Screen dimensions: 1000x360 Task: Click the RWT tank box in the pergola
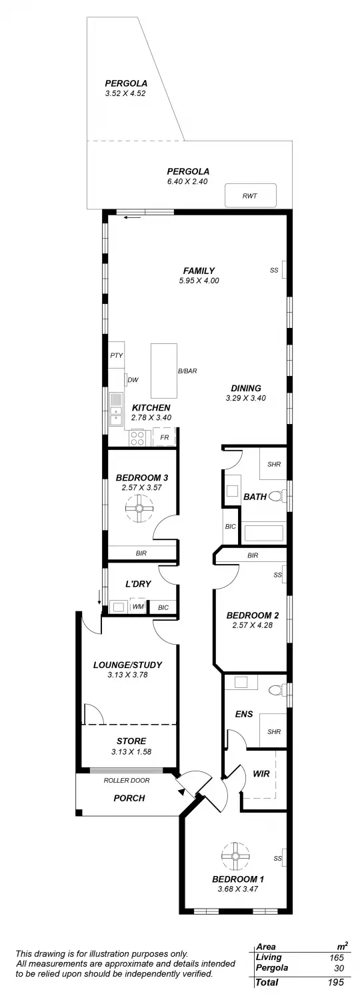250,196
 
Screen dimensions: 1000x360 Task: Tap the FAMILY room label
199,271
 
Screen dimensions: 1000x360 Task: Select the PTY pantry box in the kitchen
117,356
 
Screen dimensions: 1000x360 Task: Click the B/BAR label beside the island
187,371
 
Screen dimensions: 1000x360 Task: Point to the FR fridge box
164,438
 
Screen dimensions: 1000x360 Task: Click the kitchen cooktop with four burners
138,438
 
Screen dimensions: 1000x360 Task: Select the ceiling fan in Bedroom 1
235,855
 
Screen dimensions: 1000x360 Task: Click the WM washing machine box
138,607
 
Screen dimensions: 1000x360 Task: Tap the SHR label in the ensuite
274,731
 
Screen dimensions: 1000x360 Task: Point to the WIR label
261,775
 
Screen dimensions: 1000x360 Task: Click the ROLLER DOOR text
127,780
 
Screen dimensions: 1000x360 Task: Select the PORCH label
129,798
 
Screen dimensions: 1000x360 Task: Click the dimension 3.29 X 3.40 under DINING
245,398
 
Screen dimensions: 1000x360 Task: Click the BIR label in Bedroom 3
141,553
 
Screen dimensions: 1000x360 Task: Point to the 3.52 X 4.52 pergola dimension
125,94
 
